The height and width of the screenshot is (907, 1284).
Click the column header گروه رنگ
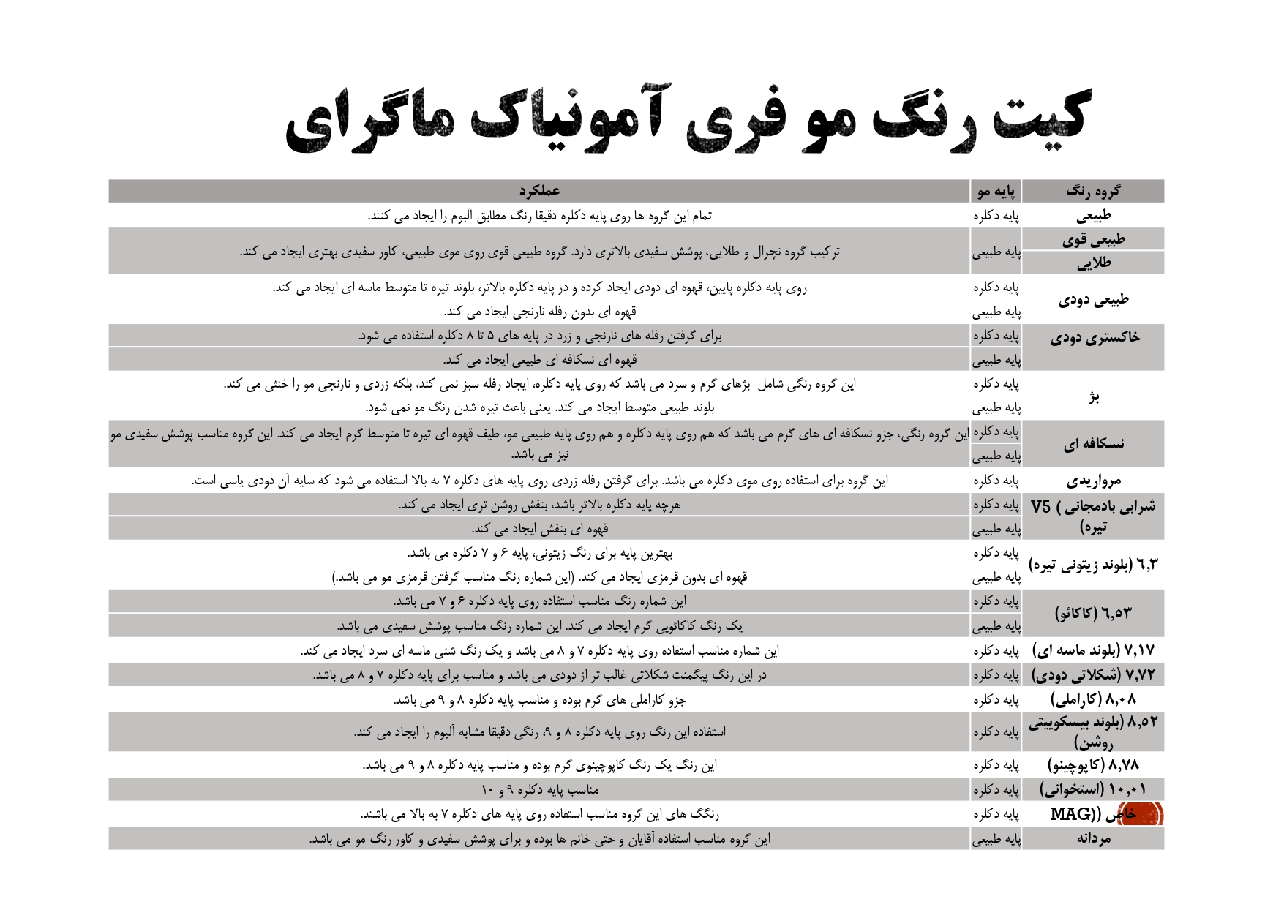coord(1092,192)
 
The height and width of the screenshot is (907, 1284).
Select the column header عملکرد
coord(539,192)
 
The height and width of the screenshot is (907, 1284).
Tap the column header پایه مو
coord(996,192)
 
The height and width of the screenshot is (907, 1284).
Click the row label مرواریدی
coord(1093,481)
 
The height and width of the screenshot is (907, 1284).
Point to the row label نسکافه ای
coord(1093,444)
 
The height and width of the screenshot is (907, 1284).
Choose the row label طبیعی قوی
coord(1093,240)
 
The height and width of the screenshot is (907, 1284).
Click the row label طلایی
coord(1093,263)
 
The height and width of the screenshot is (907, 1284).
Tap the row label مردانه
coord(1093,839)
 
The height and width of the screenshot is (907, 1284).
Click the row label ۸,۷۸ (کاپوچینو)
coord(1093,765)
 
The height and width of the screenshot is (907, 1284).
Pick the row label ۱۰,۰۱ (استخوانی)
coord(1093,789)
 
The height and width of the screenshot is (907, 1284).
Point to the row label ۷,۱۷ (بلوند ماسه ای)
coord(1093,650)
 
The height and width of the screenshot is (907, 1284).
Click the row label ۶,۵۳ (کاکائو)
coord(1093,613)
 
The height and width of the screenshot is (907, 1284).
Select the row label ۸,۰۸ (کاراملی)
coord(1093,699)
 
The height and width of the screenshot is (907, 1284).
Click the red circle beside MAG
coord(1142,814)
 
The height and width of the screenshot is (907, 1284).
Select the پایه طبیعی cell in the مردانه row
coord(996,840)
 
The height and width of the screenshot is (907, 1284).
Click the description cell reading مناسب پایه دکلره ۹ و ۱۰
coord(539,790)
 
